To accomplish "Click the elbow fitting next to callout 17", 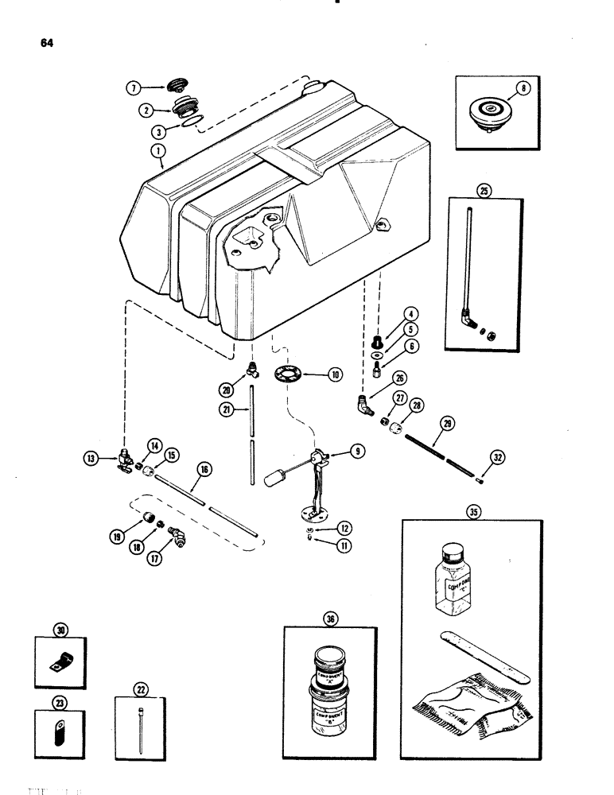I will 180,544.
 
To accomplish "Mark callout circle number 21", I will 227,409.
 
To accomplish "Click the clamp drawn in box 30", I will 60,657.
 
